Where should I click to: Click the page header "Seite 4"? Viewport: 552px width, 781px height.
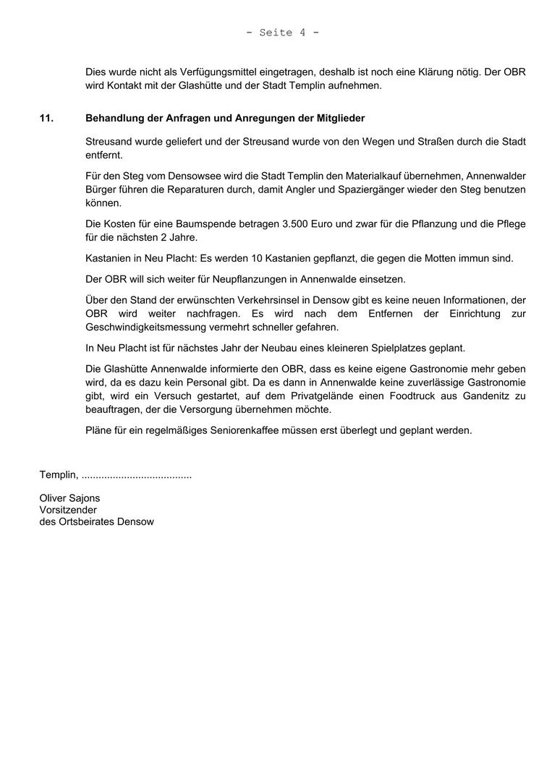pyautogui.click(x=283, y=33)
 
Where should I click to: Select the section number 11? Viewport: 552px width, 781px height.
pyautogui.click(x=46, y=118)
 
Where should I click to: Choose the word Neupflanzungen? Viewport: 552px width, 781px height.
pyautogui.click(x=241, y=279)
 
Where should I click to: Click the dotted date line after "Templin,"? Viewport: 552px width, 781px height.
pyautogui.click(x=137, y=476)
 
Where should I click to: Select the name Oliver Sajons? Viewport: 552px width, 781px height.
pyautogui.click(x=69, y=498)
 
